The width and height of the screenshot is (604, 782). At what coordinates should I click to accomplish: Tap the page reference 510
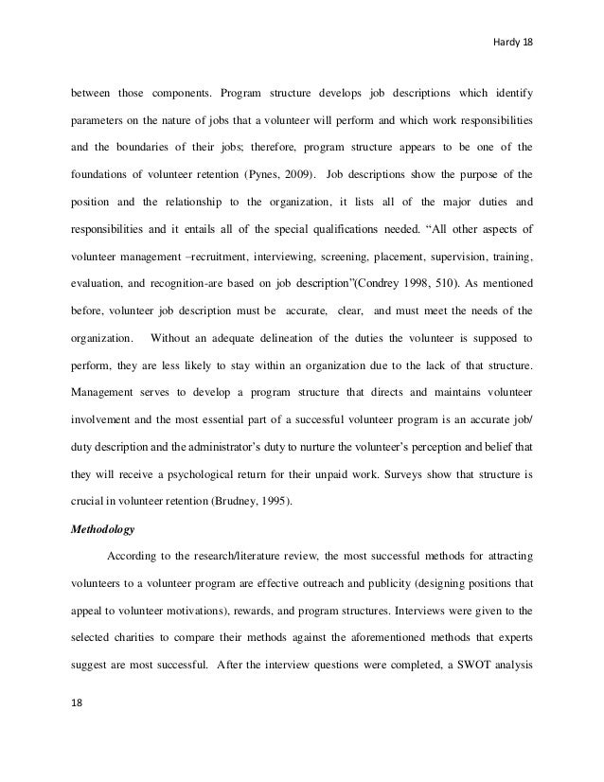467,282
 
